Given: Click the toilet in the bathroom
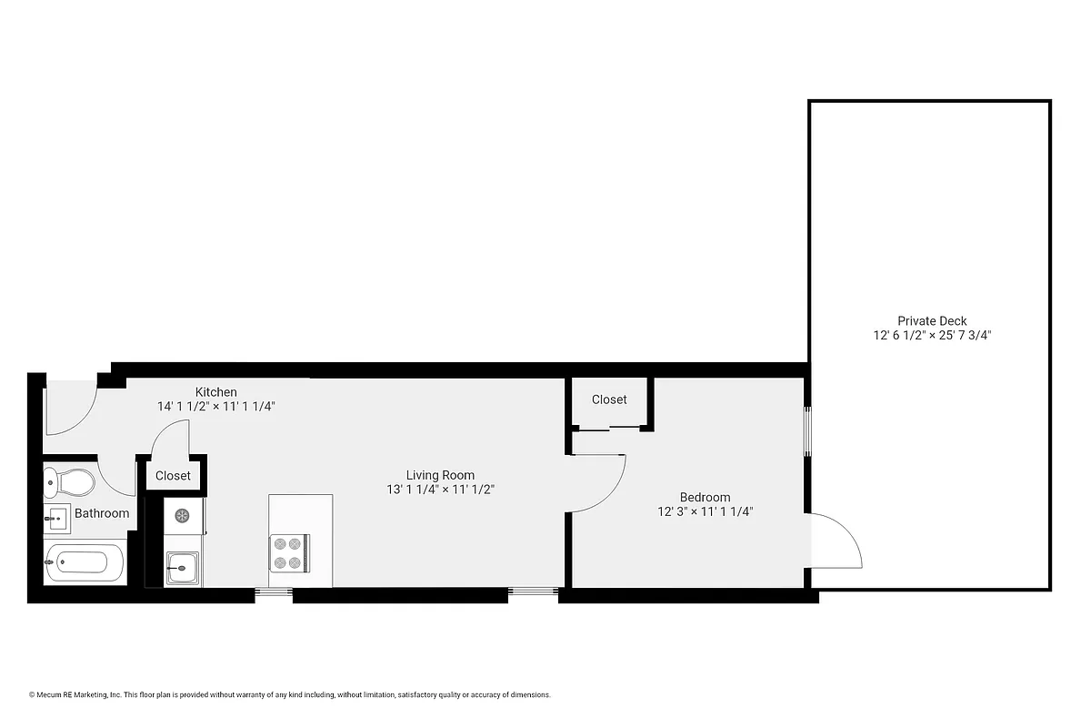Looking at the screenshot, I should point(70,480).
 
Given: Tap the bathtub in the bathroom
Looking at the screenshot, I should point(85,563).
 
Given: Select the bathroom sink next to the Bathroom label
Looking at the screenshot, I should point(56,519).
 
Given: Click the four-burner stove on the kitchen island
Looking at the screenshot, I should point(289,552).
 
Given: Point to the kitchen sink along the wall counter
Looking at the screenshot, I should point(182,569).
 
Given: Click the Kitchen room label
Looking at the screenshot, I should point(215,392).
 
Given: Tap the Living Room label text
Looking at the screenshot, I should point(440,475).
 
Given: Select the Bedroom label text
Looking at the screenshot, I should point(705,497).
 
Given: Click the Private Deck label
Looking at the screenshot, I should point(932,320).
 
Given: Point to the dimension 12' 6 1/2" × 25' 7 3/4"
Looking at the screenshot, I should point(932,335).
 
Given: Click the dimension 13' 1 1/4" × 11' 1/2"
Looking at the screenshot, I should point(440,490).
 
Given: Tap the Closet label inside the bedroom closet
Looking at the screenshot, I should point(609,399).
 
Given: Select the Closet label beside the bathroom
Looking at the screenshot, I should point(173,476).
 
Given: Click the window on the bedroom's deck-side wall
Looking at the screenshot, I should point(807,431).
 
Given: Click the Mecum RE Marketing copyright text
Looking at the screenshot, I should point(289,695).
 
